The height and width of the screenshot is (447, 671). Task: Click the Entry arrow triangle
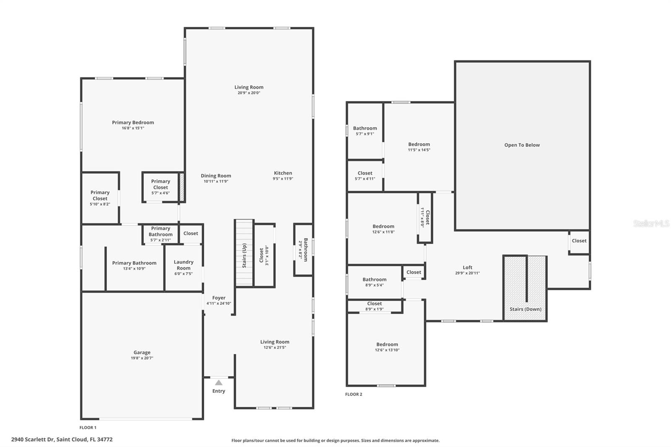click(218, 382)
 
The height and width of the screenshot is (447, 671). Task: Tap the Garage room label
click(142, 353)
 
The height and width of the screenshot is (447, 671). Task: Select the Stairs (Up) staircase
click(244, 253)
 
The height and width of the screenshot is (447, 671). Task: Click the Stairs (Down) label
click(525, 309)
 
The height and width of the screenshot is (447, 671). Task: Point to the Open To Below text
click(522, 145)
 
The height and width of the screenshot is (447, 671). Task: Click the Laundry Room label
click(184, 265)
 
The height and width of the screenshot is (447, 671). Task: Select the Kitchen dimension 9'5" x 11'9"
click(283, 179)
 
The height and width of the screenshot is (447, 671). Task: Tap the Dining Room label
click(216, 176)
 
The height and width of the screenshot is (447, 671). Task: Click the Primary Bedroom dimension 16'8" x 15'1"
click(133, 128)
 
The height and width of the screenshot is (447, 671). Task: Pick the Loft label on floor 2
click(467, 268)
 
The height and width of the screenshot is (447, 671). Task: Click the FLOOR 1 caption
click(88, 428)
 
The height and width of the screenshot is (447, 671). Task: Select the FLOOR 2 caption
click(354, 394)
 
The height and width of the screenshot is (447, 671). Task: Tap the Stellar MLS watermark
click(651, 223)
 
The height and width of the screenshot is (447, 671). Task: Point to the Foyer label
click(218, 298)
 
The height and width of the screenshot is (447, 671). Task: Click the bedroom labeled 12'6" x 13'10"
click(387, 347)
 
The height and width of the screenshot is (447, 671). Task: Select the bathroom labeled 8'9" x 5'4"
click(375, 282)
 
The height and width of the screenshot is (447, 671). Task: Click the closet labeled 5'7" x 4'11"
click(365, 175)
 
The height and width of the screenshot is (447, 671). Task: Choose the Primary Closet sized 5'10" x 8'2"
click(100, 198)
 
